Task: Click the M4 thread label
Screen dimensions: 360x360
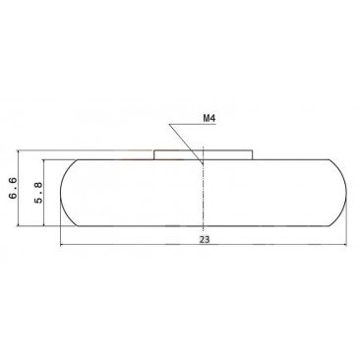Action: pyautogui.click(x=209, y=118)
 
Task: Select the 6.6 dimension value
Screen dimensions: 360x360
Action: pyautogui.click(x=14, y=188)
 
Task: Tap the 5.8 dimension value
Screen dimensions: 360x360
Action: pyautogui.click(x=38, y=193)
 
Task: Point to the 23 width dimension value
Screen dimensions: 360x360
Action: pyautogui.click(x=205, y=240)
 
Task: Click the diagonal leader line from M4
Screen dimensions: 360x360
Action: pyautogui.click(x=186, y=144)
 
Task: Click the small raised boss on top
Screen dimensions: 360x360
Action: pyautogui.click(x=203, y=154)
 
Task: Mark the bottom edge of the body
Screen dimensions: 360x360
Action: pyautogui.click(x=204, y=226)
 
